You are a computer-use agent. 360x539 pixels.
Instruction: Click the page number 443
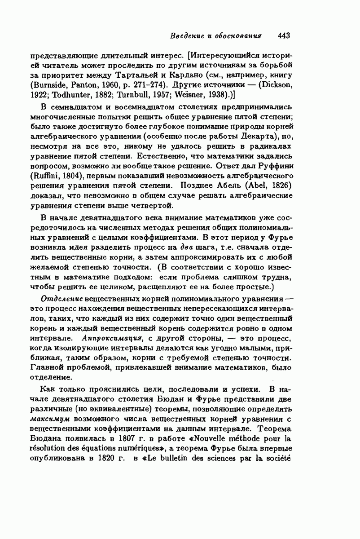point(285,35)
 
